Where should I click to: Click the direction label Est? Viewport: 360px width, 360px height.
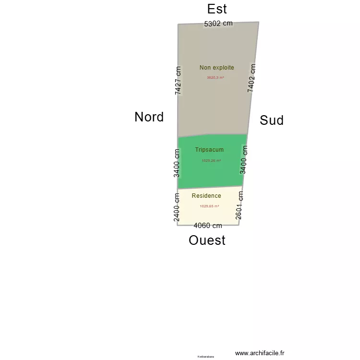pyautogui.click(x=217, y=9)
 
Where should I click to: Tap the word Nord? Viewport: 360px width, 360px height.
pyautogui.click(x=149, y=117)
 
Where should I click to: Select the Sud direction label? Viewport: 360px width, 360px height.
pyautogui.click(x=272, y=120)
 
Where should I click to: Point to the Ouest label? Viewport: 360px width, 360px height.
pyautogui.click(x=207, y=240)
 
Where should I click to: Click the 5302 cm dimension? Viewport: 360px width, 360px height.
pyautogui.click(x=218, y=23)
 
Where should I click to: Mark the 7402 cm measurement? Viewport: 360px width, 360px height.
pyautogui.click(x=252, y=78)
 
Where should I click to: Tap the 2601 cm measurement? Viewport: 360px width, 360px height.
pyautogui.click(x=240, y=205)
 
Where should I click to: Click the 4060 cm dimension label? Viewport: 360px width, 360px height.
pyautogui.click(x=208, y=226)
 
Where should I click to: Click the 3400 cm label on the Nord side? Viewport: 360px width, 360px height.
pyautogui.click(x=177, y=163)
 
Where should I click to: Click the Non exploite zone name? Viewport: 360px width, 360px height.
pyautogui.click(x=217, y=68)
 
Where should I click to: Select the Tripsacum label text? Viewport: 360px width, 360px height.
pyautogui.click(x=209, y=150)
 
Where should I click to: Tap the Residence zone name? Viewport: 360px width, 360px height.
pyautogui.click(x=206, y=196)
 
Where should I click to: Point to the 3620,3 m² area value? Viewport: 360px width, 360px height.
pyautogui.click(x=216, y=77)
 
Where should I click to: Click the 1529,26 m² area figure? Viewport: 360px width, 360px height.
pyautogui.click(x=211, y=161)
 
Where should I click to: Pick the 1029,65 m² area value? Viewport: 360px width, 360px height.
pyautogui.click(x=209, y=206)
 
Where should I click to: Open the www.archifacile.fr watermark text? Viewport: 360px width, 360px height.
pyautogui.click(x=260, y=353)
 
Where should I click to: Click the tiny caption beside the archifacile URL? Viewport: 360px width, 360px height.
pyautogui.click(x=205, y=357)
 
